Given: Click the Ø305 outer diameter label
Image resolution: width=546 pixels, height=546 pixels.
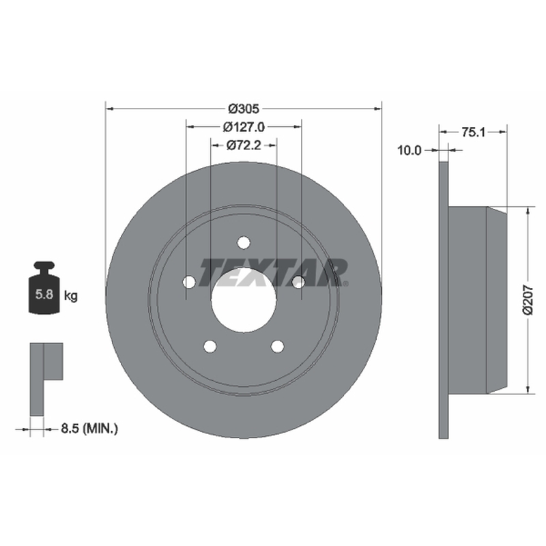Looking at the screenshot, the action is (x=244, y=109).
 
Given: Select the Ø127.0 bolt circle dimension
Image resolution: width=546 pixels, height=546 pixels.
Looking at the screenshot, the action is (x=244, y=127).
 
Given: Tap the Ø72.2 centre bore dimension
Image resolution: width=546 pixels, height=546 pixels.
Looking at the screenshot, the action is (x=244, y=145).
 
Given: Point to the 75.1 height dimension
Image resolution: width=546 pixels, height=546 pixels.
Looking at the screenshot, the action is (x=473, y=132).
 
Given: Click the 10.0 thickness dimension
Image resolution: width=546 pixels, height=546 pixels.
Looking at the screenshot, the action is (x=409, y=150).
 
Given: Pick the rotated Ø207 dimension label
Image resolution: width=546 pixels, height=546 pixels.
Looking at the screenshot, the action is (x=528, y=300).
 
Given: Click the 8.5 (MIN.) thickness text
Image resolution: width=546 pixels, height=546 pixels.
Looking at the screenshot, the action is (x=89, y=429).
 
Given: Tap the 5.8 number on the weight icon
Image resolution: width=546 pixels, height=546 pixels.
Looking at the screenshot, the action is (x=44, y=295).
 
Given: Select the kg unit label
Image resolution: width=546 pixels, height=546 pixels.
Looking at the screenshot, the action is (x=71, y=296).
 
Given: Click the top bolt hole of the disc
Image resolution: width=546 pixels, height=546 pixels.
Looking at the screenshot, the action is (x=244, y=242).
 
